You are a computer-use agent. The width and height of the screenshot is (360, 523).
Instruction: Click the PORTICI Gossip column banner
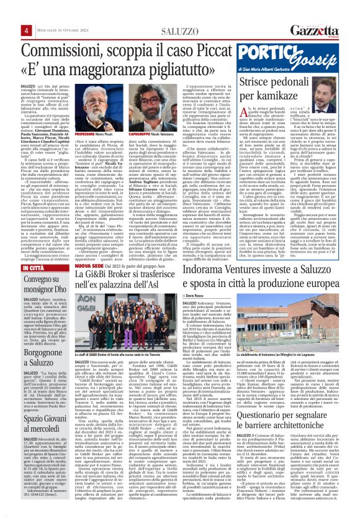tap(300, 63)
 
